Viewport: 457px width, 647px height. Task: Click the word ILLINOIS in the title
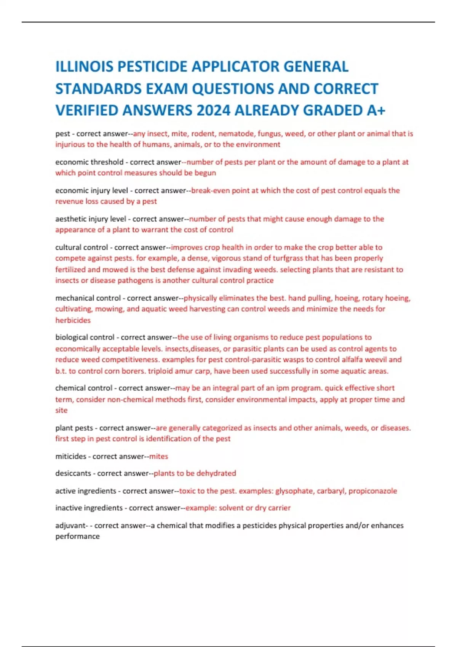(x=84, y=67)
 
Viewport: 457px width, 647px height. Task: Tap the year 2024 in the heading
(x=213, y=110)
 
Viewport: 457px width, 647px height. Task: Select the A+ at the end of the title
(x=376, y=110)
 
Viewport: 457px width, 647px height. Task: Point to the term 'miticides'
(x=70, y=456)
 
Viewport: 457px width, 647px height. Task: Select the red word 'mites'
(x=158, y=456)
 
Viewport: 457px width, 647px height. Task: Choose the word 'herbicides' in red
(x=73, y=320)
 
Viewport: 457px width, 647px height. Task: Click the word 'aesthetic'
(x=71, y=219)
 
